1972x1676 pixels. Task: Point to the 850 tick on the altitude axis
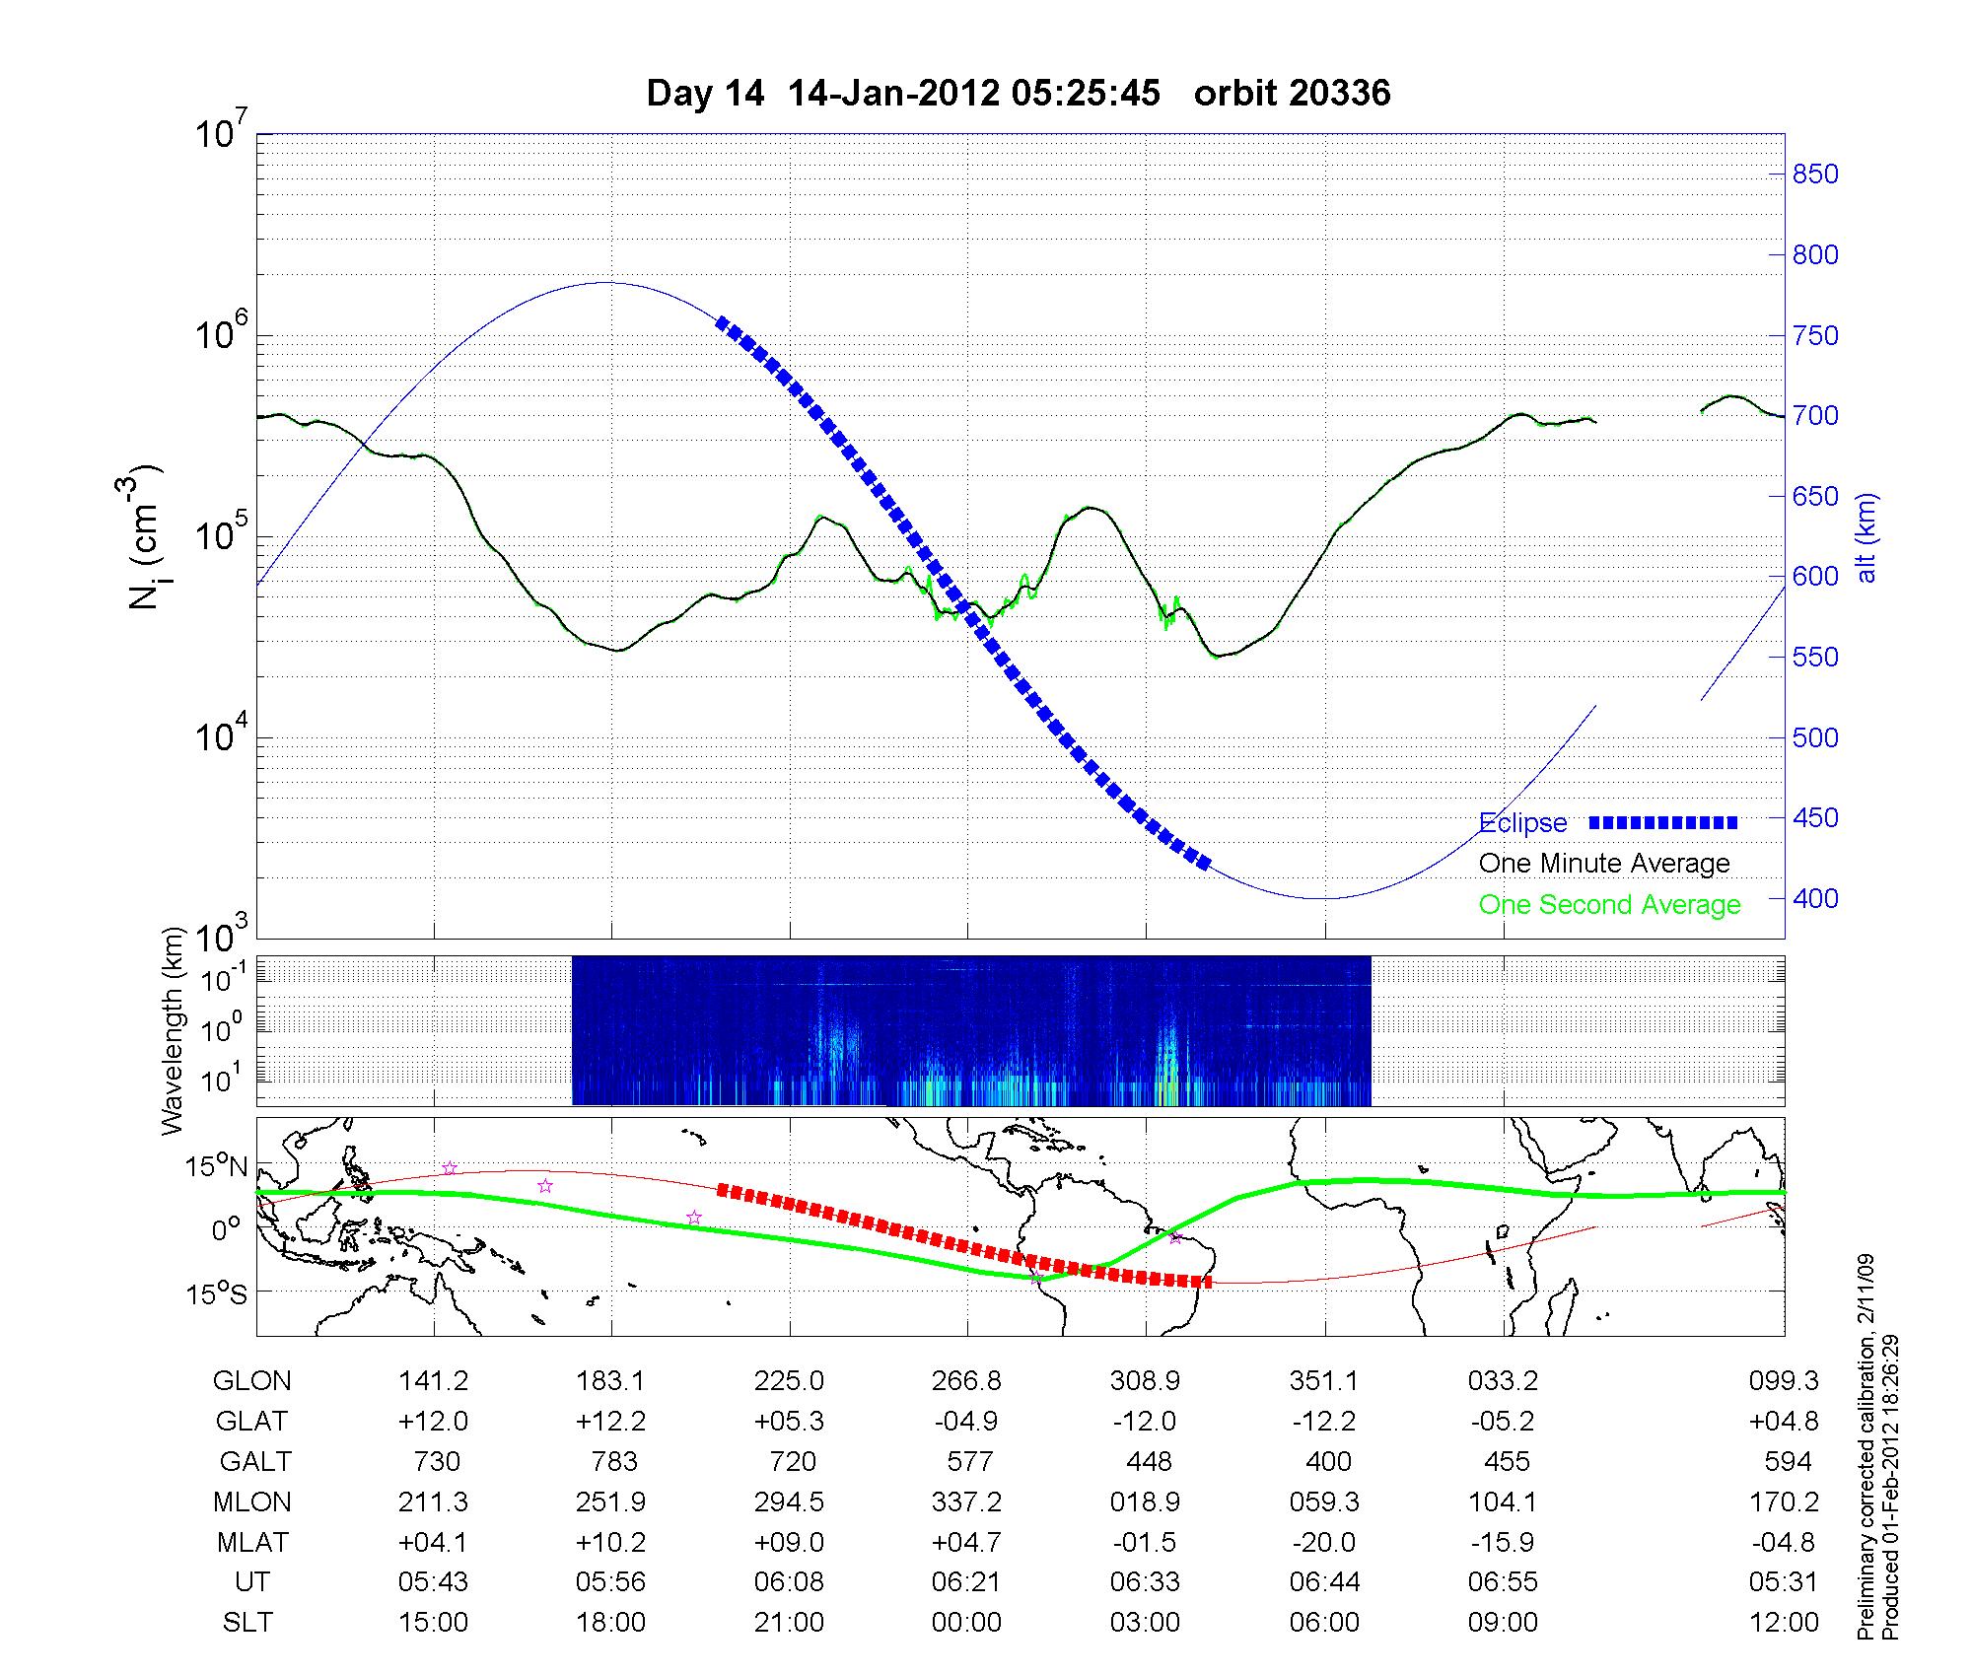click(x=1814, y=175)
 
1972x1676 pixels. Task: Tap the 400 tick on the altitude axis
click(x=1814, y=898)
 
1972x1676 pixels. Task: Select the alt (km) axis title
click(x=1866, y=537)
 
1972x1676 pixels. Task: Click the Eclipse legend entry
click(x=1522, y=823)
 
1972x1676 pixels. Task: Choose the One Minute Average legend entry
click(x=1604, y=864)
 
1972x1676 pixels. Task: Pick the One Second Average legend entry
click(x=1609, y=905)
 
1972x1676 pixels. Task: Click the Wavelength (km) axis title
click(x=174, y=1030)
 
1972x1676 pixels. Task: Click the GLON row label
click(x=251, y=1381)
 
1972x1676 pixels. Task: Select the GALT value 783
click(x=613, y=1461)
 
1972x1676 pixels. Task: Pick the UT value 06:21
click(x=966, y=1582)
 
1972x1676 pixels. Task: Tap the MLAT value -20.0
click(x=1324, y=1542)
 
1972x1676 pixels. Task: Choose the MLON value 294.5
click(x=789, y=1501)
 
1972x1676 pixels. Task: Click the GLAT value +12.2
click(x=611, y=1422)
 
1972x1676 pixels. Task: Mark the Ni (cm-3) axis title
click(x=146, y=537)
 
